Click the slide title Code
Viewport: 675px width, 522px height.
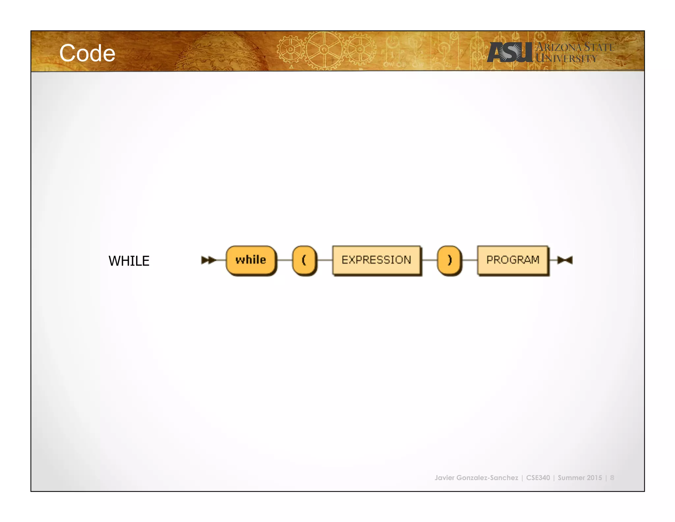point(87,53)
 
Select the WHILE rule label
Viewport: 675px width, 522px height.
point(129,261)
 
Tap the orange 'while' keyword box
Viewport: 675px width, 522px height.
point(251,260)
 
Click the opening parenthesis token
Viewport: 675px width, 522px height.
point(304,260)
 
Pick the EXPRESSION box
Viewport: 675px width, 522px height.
point(376,260)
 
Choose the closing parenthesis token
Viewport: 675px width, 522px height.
point(449,260)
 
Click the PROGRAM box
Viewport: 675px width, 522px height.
point(513,260)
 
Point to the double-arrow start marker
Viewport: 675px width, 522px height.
point(208,260)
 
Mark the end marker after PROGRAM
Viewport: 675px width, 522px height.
point(565,260)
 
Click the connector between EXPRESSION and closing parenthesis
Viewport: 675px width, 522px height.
point(429,260)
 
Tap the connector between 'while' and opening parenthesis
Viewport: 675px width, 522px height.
point(284,260)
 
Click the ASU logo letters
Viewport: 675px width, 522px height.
point(510,52)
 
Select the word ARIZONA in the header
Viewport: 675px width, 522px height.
point(559,48)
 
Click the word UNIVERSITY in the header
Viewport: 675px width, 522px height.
point(566,59)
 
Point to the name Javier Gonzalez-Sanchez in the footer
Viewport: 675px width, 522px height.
point(476,478)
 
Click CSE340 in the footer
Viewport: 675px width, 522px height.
point(538,478)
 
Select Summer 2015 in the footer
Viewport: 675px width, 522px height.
point(580,478)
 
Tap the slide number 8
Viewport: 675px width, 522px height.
point(612,478)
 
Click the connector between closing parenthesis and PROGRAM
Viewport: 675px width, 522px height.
point(469,260)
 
